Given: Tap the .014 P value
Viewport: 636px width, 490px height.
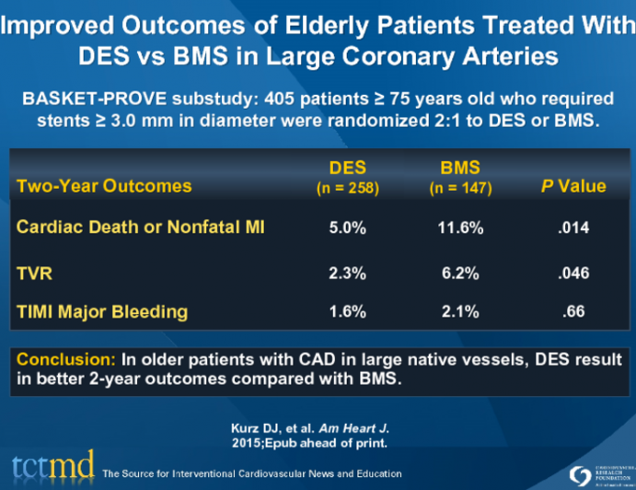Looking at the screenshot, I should [572, 227].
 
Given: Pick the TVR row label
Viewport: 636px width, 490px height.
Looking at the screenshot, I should [35, 274].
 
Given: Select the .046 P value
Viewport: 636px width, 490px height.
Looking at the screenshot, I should [572, 274].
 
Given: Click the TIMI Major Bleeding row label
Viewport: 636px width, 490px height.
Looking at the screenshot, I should [102, 311].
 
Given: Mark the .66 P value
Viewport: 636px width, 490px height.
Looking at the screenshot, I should [572, 311].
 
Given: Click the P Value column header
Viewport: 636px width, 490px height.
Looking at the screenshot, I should [572, 186].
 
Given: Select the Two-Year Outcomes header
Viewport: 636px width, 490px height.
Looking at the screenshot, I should [104, 186].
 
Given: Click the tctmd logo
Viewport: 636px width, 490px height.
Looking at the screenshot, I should [53, 467].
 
